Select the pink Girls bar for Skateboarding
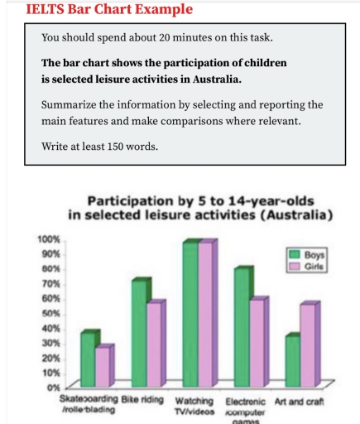[x=103, y=366]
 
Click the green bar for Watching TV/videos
[x=190, y=314]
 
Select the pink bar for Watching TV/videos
[x=206, y=314]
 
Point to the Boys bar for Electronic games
[x=242, y=327]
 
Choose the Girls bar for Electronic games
[x=258, y=342]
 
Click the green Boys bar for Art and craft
[x=291, y=361]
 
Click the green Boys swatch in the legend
[x=293, y=255]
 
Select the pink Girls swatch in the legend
[x=293, y=267]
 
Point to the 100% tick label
[x=47, y=238]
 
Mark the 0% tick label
[x=52, y=388]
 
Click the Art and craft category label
[x=300, y=401]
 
